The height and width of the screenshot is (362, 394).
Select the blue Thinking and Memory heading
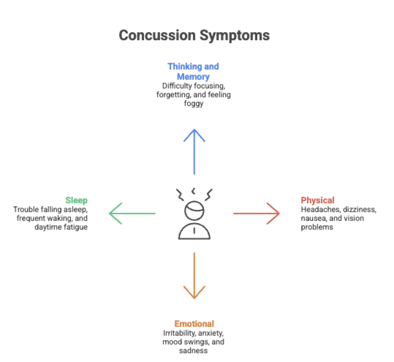tap(193, 71)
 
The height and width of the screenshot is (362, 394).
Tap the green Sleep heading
tap(76, 200)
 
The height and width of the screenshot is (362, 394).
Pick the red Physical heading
tap(317, 200)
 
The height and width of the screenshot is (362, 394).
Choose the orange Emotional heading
tap(194, 323)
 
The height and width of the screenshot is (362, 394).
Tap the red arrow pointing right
tap(256, 213)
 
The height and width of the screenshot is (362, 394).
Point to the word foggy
tap(194, 104)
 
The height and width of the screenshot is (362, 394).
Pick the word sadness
tap(193, 350)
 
